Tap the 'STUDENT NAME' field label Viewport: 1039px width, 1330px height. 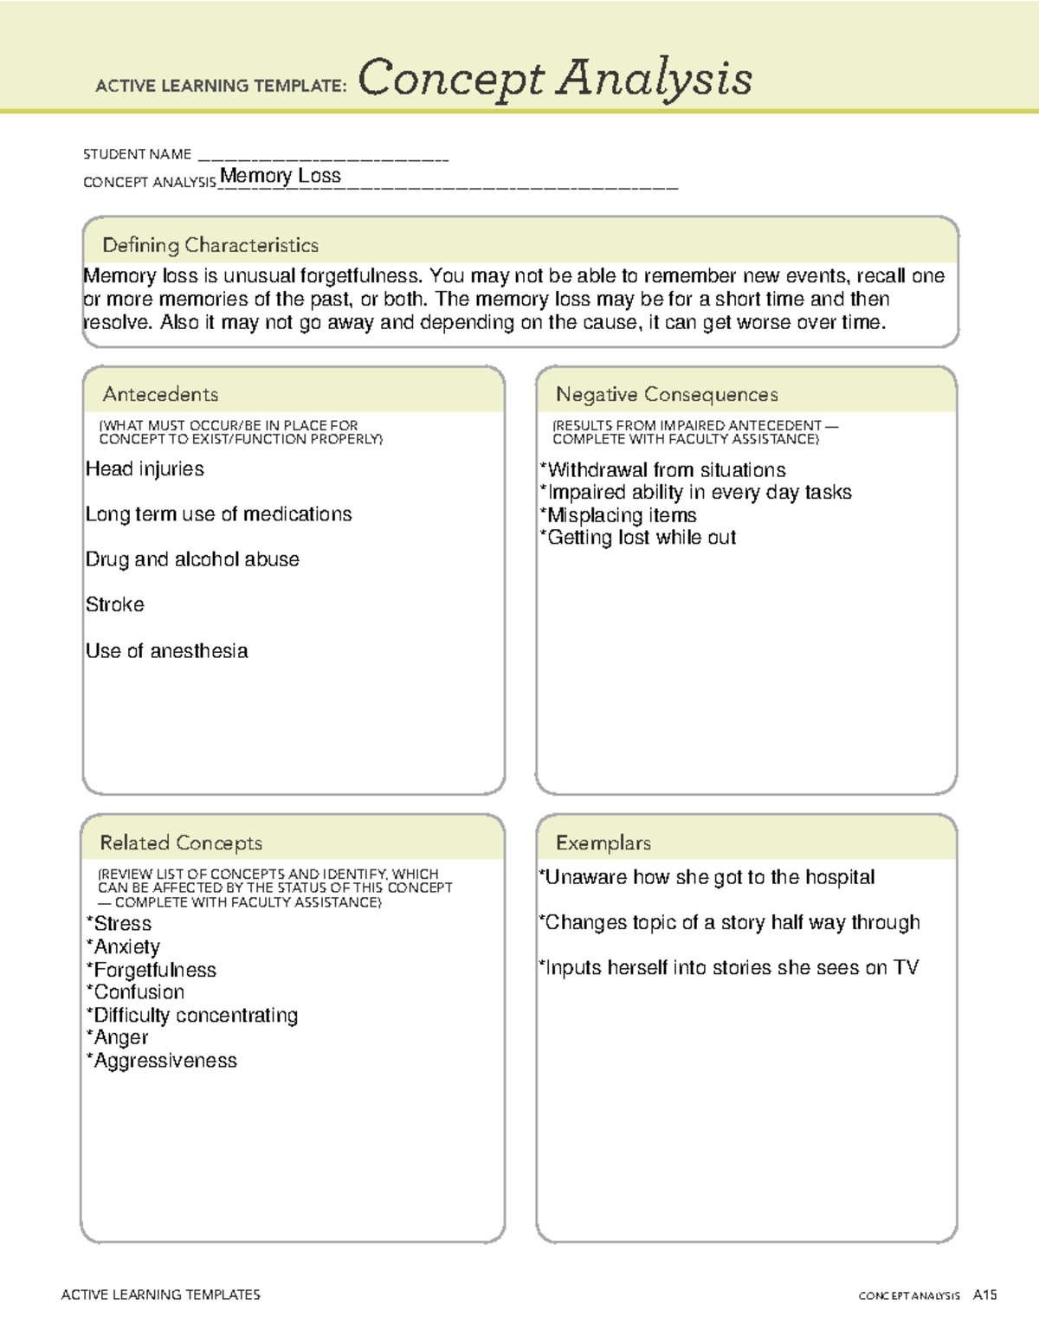pos(137,154)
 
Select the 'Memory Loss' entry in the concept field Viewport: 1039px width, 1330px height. pos(281,176)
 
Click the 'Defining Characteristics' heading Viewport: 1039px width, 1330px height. pos(210,245)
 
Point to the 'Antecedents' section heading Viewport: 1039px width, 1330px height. pos(160,394)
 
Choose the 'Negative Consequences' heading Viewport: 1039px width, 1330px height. pos(667,394)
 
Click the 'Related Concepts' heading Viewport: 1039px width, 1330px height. pos(181,843)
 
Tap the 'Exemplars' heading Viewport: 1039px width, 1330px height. pos(603,843)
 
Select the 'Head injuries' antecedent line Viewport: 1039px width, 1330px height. pos(145,468)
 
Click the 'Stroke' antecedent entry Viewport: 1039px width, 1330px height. pos(115,604)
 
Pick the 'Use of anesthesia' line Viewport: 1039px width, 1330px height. pos(167,650)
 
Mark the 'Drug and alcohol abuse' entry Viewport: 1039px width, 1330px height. pos(192,559)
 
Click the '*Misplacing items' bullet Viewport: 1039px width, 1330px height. pos(618,515)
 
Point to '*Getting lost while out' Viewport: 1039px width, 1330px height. pos(638,538)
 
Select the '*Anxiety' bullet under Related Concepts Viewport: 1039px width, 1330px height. pos(123,946)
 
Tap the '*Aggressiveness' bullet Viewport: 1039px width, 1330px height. pos(162,1061)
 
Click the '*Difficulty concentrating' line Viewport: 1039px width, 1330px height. pos(192,1015)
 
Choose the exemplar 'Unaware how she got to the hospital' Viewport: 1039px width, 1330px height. pos(707,877)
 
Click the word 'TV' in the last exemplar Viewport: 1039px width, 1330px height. pos(906,967)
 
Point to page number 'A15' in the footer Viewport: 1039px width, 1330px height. pos(984,1294)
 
